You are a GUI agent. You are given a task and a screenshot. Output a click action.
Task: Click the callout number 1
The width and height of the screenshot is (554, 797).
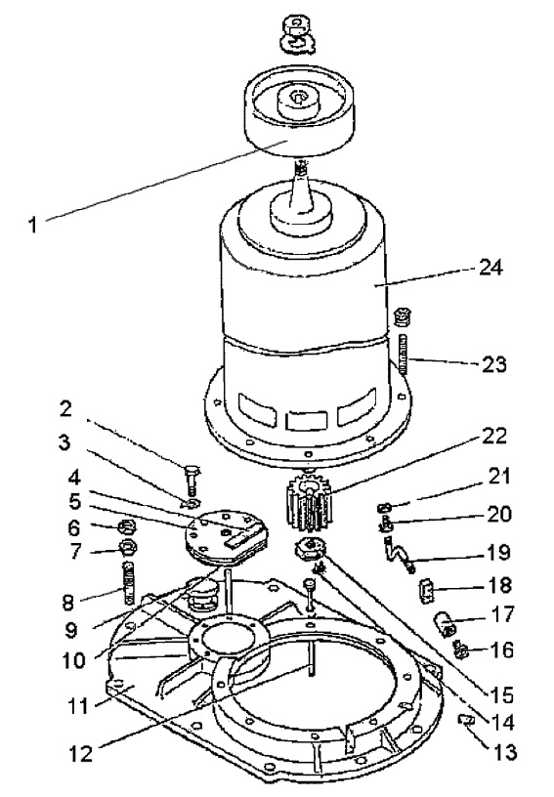[32, 225]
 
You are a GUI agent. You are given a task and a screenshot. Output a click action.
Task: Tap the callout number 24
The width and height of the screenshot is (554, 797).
[490, 267]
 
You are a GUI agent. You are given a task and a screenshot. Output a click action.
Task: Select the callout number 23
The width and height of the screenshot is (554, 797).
[493, 364]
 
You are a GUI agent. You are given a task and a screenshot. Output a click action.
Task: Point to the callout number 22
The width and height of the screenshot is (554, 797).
[494, 437]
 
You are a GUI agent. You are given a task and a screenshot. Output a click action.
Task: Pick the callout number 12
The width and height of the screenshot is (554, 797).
[81, 753]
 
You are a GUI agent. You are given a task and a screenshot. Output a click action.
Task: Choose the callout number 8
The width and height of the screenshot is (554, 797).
[67, 602]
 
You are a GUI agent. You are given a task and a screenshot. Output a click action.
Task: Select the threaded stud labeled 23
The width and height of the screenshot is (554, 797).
[405, 355]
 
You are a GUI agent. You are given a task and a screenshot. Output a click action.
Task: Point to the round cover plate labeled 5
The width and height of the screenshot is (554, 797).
[226, 539]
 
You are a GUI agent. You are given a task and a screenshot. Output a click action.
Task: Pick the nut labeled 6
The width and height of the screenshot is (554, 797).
[125, 527]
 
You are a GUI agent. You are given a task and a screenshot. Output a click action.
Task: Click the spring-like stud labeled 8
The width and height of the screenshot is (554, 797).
[130, 582]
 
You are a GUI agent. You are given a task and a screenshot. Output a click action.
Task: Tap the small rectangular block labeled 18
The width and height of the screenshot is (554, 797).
[425, 592]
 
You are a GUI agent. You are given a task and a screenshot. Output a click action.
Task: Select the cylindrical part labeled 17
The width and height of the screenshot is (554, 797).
[444, 624]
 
